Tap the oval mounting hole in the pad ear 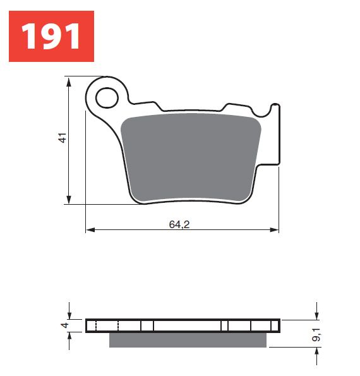click(x=107, y=97)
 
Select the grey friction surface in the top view click(x=191, y=158)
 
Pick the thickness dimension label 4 click(x=63, y=325)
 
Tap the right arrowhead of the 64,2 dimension click(x=275, y=230)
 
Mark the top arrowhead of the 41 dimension click(x=68, y=81)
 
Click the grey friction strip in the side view click(x=188, y=340)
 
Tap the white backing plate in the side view click(x=183, y=325)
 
